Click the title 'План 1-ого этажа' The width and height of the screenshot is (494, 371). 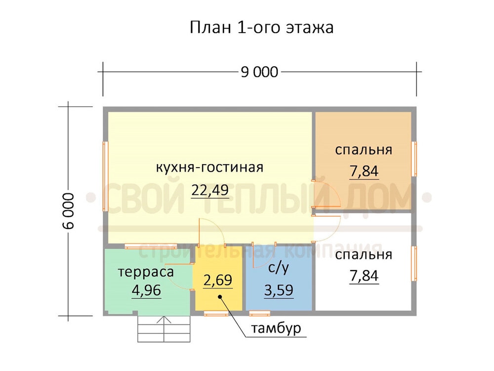click(261, 27)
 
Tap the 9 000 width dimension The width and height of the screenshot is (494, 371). click(260, 72)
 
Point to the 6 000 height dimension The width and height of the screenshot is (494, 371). click(68, 211)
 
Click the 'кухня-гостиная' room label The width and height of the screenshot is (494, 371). click(209, 168)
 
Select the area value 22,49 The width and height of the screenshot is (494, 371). click(210, 190)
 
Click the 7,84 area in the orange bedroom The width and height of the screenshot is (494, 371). click(364, 171)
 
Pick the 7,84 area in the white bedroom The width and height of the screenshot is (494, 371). click(364, 276)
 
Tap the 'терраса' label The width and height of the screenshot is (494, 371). click(146, 272)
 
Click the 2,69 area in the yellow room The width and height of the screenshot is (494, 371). click(218, 280)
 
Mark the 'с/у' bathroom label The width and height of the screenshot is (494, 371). click(279, 268)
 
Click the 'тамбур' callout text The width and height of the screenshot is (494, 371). click(276, 329)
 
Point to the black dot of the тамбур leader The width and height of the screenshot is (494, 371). click(220, 296)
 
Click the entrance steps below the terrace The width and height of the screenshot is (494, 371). click(164, 329)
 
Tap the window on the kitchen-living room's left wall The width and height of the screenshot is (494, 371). click(105, 176)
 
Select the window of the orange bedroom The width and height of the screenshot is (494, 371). click(414, 159)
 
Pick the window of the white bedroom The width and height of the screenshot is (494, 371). click(414, 264)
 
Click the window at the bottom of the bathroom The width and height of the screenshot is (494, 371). click(260, 313)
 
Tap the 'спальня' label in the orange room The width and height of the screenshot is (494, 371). click(364, 150)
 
